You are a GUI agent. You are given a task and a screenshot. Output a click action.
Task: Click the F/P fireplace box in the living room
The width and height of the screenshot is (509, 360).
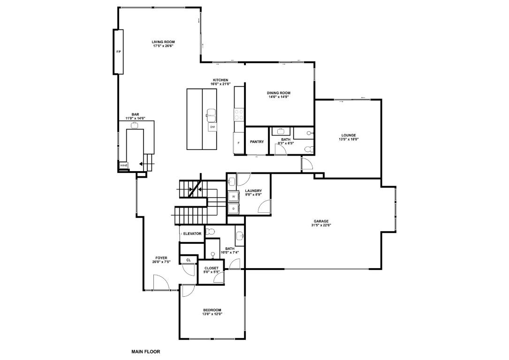pyautogui.click(x=118, y=52)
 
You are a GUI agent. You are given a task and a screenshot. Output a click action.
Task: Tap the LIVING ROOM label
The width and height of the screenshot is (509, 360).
pyautogui.click(x=163, y=42)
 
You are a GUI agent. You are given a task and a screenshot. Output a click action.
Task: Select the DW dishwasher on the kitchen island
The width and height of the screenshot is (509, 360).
pyautogui.click(x=213, y=127)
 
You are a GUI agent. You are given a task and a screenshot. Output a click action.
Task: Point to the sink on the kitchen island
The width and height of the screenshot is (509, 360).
pyautogui.click(x=211, y=113)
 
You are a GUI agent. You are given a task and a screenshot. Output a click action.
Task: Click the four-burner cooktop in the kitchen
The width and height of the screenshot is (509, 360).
pyautogui.click(x=239, y=112)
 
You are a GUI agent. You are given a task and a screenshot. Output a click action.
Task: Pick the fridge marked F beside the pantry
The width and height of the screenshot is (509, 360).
pyautogui.click(x=239, y=143)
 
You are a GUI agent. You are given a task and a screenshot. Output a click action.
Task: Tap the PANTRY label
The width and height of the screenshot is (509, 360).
pyautogui.click(x=257, y=142)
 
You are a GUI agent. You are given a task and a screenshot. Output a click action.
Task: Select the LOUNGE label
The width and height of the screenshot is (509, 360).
pyautogui.click(x=348, y=135)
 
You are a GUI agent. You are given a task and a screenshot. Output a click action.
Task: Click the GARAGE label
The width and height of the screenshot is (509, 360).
pyautogui.click(x=321, y=221)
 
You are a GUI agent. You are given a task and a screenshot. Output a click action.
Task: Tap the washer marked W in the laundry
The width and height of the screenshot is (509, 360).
pyautogui.click(x=233, y=196)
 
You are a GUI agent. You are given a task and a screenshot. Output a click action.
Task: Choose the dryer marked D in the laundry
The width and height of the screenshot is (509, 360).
pyautogui.click(x=233, y=208)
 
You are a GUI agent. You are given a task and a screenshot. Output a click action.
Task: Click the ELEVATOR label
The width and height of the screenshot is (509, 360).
pyautogui.click(x=192, y=233)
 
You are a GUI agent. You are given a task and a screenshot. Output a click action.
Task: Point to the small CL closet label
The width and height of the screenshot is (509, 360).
pyautogui.click(x=189, y=260)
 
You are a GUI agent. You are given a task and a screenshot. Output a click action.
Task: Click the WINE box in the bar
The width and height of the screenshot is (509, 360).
pyautogui.click(x=123, y=165)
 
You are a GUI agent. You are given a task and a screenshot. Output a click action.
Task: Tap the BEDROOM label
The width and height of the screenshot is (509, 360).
pyautogui.click(x=212, y=310)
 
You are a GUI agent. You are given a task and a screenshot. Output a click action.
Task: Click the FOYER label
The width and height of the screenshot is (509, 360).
pyautogui.click(x=161, y=258)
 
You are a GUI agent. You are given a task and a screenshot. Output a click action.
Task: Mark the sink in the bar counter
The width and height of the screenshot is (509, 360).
pyautogui.click(x=135, y=125)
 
